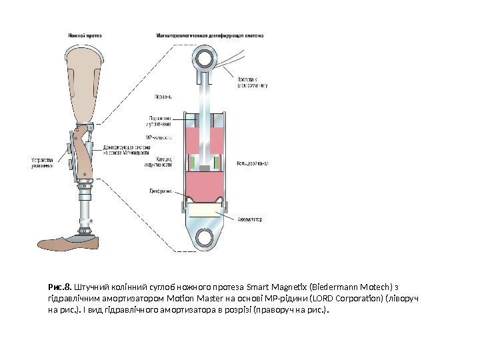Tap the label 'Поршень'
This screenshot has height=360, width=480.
[x=163, y=97]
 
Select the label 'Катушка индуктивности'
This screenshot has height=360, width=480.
[x=159, y=163]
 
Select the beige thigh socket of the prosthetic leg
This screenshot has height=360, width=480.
[x=85, y=80]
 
